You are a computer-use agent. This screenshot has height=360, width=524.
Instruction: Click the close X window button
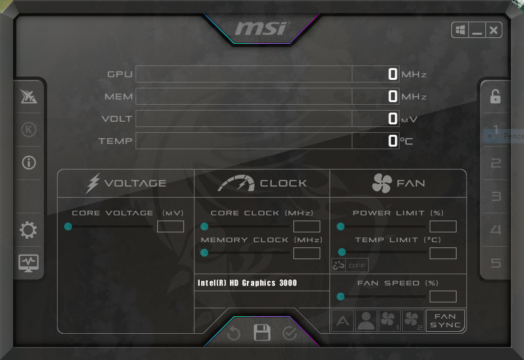pyautogui.click(x=493, y=30)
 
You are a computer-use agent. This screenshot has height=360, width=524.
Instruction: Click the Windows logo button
pyautogui.click(x=460, y=30)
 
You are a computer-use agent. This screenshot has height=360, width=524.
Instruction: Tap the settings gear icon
pyautogui.click(x=28, y=230)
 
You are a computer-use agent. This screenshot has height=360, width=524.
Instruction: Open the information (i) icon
pyautogui.click(x=29, y=163)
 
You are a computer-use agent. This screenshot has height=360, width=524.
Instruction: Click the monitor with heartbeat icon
pyautogui.click(x=28, y=263)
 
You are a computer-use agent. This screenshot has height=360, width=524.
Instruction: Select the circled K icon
pyautogui.click(x=29, y=130)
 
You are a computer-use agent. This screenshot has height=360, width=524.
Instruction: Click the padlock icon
pyautogui.click(x=495, y=96)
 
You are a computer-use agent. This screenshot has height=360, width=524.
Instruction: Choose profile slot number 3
pyautogui.click(x=496, y=196)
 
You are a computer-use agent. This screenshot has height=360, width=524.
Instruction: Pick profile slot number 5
pyautogui.click(x=496, y=263)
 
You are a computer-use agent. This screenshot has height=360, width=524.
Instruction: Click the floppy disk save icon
pyautogui.click(x=262, y=333)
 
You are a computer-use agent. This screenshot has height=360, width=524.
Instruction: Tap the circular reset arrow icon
pyautogui.click(x=234, y=333)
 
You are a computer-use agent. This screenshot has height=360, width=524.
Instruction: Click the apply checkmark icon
pyautogui.click(x=290, y=333)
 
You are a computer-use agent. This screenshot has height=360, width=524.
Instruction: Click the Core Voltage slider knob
pyautogui.click(x=68, y=226)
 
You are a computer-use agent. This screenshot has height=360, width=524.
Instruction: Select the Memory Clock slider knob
pyautogui.click(x=204, y=253)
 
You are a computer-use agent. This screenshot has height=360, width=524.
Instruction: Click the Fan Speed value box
pyautogui.click(x=443, y=297)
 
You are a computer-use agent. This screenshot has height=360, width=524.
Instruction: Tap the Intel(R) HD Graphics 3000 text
pyautogui.click(x=248, y=283)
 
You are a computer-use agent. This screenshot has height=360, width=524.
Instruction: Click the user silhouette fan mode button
pyautogui.click(x=366, y=321)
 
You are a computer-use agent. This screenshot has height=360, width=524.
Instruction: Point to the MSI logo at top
pyautogui.click(x=261, y=29)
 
